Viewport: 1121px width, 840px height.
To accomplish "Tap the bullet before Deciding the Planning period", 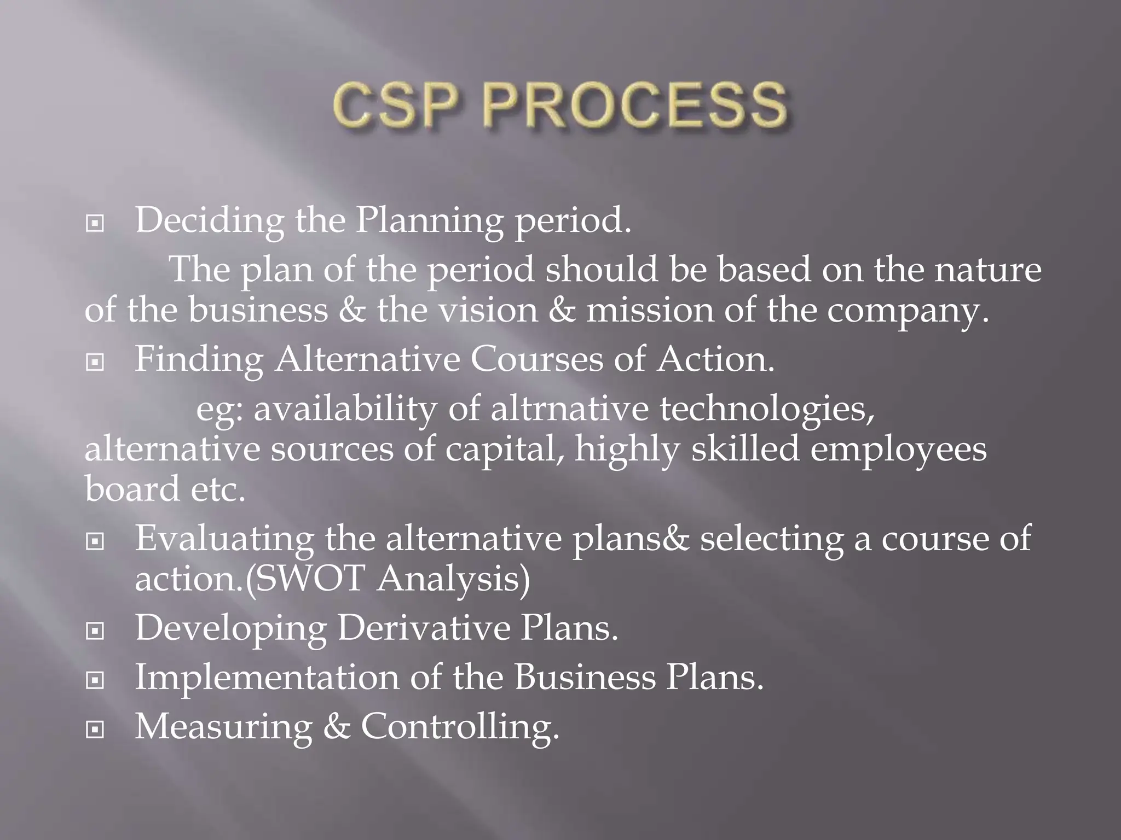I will (x=95, y=223).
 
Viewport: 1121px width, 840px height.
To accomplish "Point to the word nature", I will (x=987, y=270).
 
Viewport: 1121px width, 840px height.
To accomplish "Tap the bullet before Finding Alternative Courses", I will (x=95, y=362).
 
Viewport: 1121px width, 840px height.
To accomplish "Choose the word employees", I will (x=898, y=450).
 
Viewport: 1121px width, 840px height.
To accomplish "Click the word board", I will (x=132, y=488).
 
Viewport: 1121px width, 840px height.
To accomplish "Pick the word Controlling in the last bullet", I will (x=459, y=727).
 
